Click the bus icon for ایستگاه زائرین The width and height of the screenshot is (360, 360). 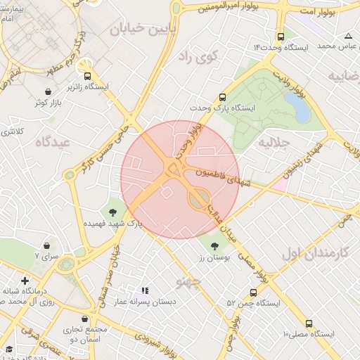(87, 76)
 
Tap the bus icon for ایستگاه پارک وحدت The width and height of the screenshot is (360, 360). (223, 98)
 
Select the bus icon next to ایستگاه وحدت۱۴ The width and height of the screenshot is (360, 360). (281, 37)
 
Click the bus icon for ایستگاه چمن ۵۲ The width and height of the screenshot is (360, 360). (252, 292)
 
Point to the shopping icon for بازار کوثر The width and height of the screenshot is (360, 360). (47, 92)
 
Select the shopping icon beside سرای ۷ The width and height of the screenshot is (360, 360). (46, 246)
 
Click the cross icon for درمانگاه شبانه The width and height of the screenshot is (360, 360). (25, 281)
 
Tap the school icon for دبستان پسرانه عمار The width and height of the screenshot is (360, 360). (145, 290)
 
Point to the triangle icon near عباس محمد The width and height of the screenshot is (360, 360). (348, 36)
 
